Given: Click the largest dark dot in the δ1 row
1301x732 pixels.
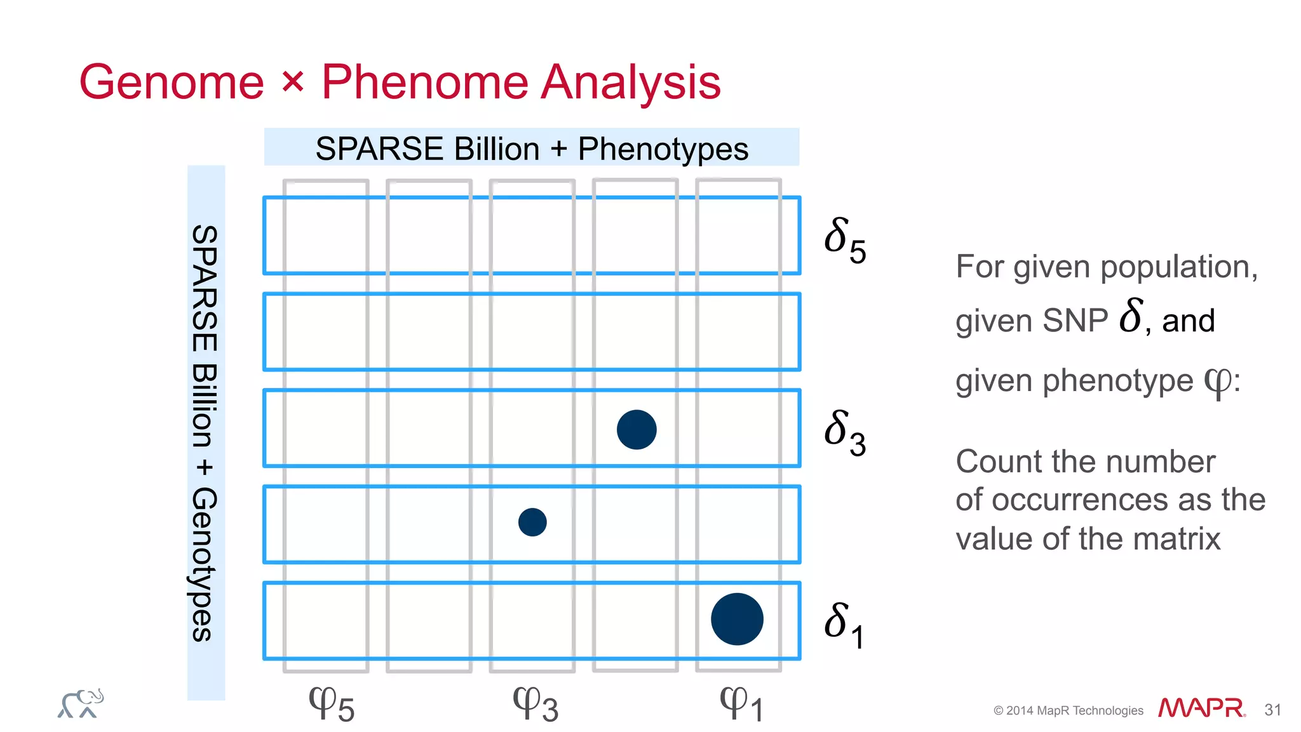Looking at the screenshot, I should point(737,619).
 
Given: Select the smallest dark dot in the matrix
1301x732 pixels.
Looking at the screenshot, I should point(532,522).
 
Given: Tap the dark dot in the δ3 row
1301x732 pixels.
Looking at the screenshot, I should point(637,430).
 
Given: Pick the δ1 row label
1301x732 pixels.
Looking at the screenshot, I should point(844,625).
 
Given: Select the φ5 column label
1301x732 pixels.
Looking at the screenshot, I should point(331,704).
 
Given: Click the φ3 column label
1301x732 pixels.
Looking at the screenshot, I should point(536,704).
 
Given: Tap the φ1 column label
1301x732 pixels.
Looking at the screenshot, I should point(741,704).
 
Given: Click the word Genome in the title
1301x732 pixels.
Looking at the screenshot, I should point(172,83).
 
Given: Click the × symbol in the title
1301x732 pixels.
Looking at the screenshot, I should point(293,81).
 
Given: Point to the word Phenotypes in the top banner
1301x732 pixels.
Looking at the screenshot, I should point(663,149).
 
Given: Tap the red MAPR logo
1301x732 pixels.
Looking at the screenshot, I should point(1201,708).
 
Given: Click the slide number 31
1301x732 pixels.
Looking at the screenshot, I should point(1272,710).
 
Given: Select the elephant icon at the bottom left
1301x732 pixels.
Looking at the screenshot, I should point(81,703).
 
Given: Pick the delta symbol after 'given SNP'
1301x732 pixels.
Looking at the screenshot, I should point(1131,316).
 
